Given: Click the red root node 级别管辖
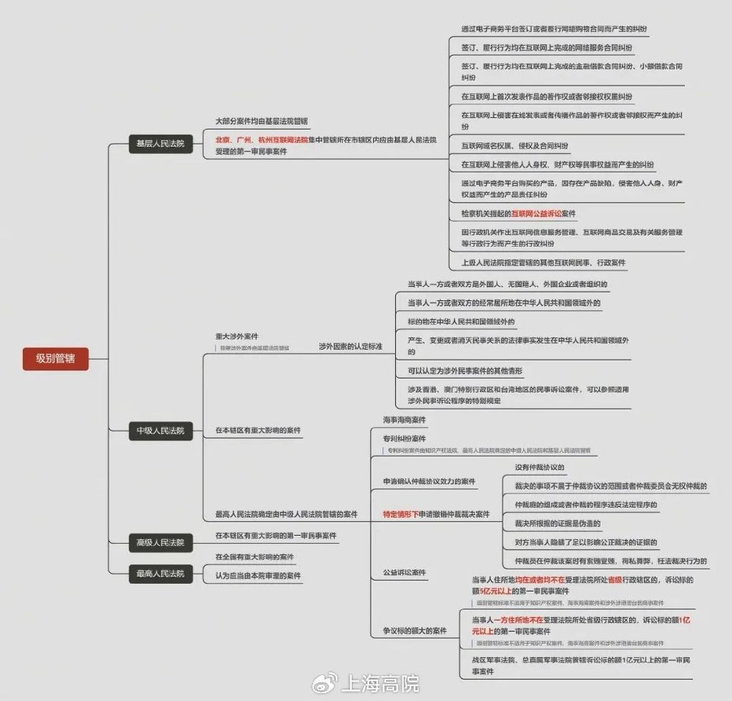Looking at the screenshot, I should click(x=55, y=358).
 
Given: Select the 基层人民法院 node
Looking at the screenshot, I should click(x=160, y=144).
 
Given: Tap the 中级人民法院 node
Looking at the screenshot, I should click(x=160, y=431).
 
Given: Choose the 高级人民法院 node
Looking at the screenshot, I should click(x=160, y=542).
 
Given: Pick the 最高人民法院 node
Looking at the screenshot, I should click(x=160, y=573).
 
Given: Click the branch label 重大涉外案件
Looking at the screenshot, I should click(x=237, y=336).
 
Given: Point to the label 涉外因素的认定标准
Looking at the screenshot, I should click(x=350, y=346).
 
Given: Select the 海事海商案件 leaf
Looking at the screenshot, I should click(x=404, y=420).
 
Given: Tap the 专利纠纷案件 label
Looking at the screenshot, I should click(x=404, y=438).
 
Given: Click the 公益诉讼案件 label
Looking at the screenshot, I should click(x=404, y=573).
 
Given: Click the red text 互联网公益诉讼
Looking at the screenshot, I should click(x=537, y=214).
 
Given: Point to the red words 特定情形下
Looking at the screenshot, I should click(x=400, y=514).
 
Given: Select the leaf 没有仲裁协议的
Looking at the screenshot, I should click(x=540, y=468).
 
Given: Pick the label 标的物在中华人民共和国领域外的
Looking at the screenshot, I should click(x=460, y=322).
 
